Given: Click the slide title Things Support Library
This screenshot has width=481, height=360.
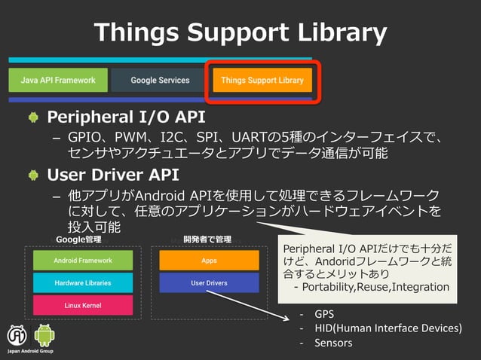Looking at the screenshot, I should (240, 32).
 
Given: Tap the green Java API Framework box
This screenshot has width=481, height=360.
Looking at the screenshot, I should (58, 80).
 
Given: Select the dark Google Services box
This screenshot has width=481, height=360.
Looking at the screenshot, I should (160, 80).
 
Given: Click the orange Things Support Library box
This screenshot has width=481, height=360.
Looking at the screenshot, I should (262, 80).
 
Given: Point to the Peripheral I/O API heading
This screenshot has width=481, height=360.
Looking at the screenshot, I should (126, 118).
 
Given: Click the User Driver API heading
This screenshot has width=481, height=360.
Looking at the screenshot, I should (113, 175).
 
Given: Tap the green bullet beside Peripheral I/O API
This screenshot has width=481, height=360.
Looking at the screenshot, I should (33, 118).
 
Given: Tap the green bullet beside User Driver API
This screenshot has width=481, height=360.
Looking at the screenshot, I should (33, 175).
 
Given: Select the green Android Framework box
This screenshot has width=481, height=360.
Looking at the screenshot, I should (83, 261).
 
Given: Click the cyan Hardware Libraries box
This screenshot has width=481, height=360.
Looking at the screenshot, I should (83, 283).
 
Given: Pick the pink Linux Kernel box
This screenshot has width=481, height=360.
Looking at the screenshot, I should (83, 305).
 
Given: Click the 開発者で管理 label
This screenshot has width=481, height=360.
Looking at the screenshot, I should (207, 239).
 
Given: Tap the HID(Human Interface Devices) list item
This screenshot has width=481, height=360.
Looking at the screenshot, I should (388, 328).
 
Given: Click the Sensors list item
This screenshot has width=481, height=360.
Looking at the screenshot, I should (332, 343).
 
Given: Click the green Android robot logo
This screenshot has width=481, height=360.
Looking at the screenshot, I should (44, 335).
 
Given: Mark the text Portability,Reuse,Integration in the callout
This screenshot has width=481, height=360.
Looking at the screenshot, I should (376, 287).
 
